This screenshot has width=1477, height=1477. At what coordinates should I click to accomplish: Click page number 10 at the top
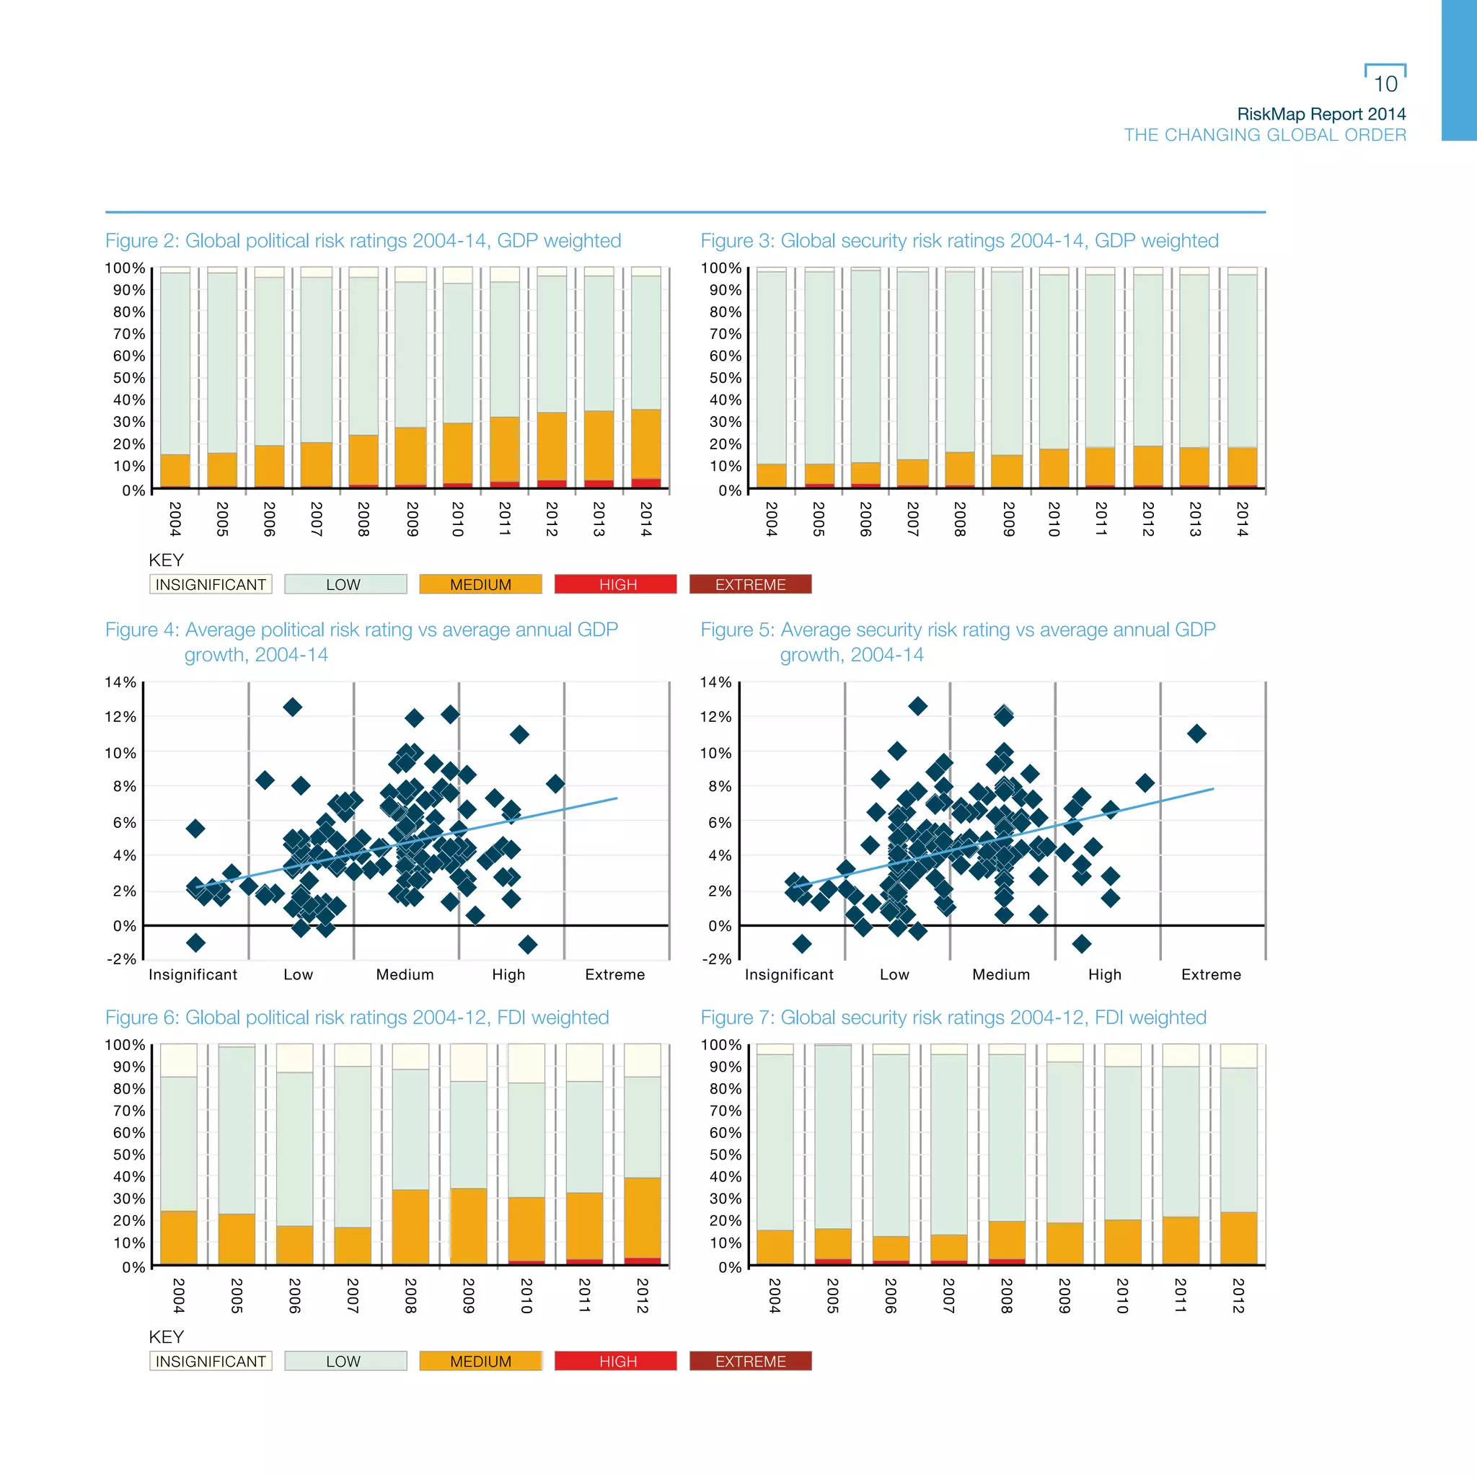pos(1385,84)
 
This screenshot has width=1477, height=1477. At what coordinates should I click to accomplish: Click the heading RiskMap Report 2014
pos(1321,114)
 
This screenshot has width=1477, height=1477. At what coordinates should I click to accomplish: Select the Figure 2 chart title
pos(363,241)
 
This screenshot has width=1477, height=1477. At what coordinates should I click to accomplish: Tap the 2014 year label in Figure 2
pos(646,519)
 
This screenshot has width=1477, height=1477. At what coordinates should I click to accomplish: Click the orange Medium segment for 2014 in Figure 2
pos(646,444)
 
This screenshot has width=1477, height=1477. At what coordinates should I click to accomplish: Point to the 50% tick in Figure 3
pos(725,378)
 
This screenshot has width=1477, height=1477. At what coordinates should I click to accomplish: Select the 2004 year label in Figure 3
pos(772,519)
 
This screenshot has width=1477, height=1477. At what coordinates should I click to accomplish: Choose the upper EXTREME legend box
pos(750,584)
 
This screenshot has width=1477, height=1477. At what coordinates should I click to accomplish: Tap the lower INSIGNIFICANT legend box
pos(211,1361)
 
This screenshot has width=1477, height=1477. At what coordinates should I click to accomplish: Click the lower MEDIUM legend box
pos(480,1361)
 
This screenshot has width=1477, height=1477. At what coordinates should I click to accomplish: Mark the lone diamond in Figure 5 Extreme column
pos(1196,734)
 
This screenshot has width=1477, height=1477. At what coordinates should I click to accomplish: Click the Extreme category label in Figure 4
pos(614,974)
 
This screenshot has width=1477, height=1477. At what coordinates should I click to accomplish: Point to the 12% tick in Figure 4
pos(120,716)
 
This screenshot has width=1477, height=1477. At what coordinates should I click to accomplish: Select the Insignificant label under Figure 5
pos(789,974)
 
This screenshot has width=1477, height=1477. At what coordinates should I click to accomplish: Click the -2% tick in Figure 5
pos(716,958)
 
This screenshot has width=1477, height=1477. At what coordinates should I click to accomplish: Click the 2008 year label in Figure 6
pos(410,1295)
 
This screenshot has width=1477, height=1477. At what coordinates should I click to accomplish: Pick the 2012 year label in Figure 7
pos(1238,1295)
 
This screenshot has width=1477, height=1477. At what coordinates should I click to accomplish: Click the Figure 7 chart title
pos(953,1018)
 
